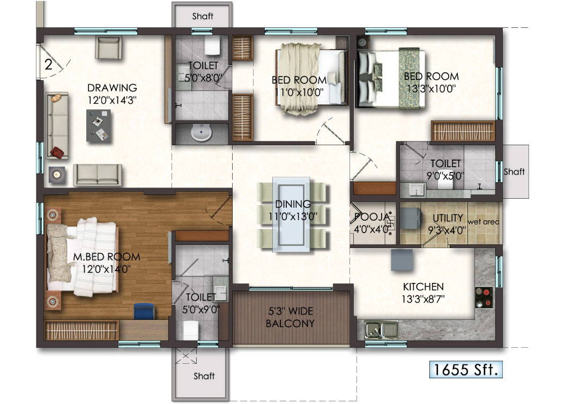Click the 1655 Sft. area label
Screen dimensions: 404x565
(x=466, y=369)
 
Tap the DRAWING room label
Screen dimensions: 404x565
(x=112, y=93)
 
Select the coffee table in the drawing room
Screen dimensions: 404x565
(x=99, y=125)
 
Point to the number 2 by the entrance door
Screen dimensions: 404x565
(x=48, y=65)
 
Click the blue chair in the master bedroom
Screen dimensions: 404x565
(x=144, y=310)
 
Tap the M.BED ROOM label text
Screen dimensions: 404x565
(x=107, y=262)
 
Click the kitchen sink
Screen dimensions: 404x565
(x=381, y=329)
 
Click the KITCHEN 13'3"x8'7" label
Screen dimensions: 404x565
(x=423, y=293)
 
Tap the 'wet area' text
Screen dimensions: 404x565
(x=484, y=221)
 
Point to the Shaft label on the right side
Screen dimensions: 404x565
(x=514, y=171)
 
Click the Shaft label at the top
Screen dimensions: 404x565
(x=203, y=17)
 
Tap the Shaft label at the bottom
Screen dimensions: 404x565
(x=204, y=376)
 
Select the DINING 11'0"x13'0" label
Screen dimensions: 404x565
(x=293, y=209)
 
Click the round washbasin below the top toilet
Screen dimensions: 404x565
(x=202, y=132)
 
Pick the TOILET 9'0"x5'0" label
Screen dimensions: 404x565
(x=445, y=168)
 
